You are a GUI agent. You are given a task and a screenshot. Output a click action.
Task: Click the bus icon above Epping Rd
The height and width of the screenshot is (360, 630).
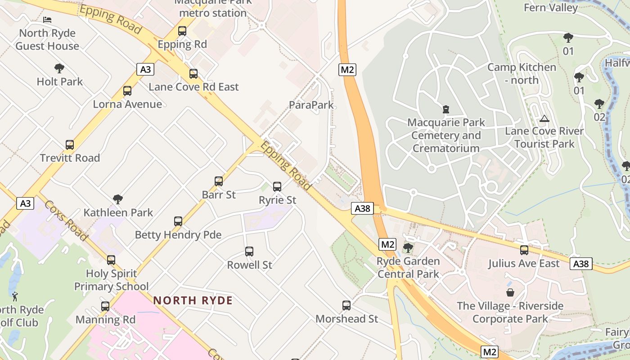click(182, 31)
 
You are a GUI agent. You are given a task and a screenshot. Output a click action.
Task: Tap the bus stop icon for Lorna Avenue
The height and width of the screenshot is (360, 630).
click(127, 91)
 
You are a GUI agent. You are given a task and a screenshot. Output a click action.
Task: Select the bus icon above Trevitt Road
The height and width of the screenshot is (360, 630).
click(70, 145)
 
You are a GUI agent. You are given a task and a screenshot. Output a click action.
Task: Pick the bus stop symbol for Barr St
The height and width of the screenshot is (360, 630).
click(219, 181)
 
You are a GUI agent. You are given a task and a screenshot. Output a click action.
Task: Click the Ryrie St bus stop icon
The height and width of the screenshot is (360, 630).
click(277, 186)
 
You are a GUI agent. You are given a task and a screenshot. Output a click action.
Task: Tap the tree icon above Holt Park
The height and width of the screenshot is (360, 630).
click(59, 68)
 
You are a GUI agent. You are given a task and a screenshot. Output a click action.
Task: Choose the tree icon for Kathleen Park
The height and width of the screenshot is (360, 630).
click(118, 199)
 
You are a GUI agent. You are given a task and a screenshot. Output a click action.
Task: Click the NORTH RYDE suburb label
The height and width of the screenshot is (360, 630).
click(193, 300)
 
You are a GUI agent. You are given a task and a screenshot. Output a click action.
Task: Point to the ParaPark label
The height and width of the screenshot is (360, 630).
click(311, 105)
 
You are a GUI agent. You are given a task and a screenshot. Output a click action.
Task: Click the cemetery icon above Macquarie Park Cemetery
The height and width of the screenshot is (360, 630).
click(445, 109)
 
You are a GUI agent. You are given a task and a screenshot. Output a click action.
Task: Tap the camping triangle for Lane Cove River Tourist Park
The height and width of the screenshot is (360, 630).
click(544, 119)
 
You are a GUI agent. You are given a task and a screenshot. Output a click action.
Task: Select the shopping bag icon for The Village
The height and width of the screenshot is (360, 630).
click(510, 292)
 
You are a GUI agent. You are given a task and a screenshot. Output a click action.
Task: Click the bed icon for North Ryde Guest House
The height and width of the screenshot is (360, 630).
click(47, 20)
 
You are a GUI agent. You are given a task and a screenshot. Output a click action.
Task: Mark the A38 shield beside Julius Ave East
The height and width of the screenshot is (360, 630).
click(581, 264)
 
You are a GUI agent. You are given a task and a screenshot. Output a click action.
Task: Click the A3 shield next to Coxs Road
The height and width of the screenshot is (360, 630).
click(26, 203)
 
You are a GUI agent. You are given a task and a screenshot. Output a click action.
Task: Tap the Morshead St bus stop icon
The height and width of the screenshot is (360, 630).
click(346, 306)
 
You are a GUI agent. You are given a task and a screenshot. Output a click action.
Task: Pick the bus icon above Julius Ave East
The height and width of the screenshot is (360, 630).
click(524, 250)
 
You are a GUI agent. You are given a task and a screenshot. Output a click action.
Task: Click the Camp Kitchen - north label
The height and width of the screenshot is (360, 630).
click(522, 73)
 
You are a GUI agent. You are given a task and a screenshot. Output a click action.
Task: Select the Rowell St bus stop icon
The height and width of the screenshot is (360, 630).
click(249, 252)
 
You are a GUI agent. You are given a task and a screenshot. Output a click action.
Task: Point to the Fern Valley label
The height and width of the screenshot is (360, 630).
click(551, 8)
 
